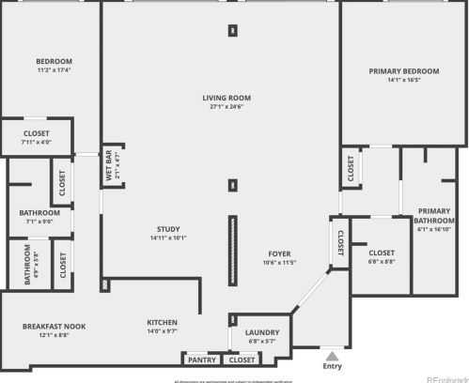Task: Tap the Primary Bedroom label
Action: pos(404,71)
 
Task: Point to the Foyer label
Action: pos(279,253)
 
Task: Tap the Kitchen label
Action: pos(162,322)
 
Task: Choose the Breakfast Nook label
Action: pos(54,326)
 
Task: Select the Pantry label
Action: pos(202,360)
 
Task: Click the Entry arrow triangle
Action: pos(331,356)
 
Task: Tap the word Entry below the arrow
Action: pos(332,367)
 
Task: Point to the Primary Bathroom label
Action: pos(433,214)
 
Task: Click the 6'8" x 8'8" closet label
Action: pos(382,256)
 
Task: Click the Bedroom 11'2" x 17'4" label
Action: pos(54,66)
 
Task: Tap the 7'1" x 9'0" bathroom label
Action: pos(39,217)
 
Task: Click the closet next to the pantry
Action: pos(242,360)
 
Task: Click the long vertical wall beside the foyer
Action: pos(231,251)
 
